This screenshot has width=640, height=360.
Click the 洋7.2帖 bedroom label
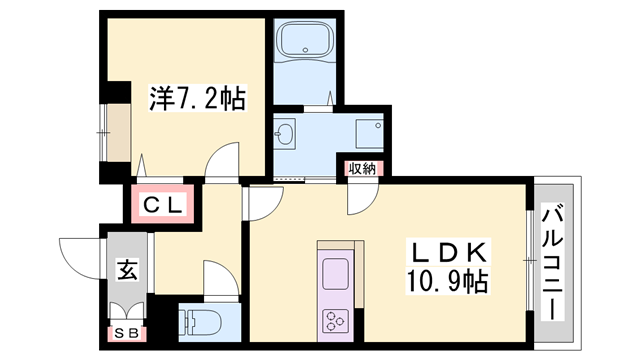(197, 98)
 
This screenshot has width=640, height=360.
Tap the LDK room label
(446, 250)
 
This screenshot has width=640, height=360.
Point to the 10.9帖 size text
(446, 281)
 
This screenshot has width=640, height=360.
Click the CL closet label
(162, 206)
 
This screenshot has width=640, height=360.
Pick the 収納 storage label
(362, 169)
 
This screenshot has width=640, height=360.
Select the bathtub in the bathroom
(308, 43)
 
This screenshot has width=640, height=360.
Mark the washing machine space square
(366, 131)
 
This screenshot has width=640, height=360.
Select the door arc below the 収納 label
(357, 198)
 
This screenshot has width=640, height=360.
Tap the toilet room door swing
(218, 276)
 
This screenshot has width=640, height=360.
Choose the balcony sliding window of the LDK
(529, 262)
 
